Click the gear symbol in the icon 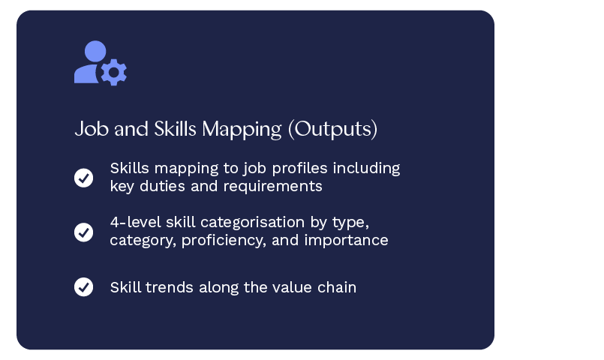coord(113,73)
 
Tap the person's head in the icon coord(95,52)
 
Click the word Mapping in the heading coord(242,129)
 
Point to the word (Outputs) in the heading coord(333,129)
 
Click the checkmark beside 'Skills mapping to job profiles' coord(83,178)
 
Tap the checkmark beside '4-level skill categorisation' coord(83,232)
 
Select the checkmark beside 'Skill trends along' coord(83,286)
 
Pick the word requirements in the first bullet coord(272,187)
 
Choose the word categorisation coord(253,222)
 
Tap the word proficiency coord(224,241)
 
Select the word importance coord(347,241)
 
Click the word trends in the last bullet coord(170,287)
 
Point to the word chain coord(337,287)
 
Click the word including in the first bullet coord(367,169)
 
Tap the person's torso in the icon coord(86,74)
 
